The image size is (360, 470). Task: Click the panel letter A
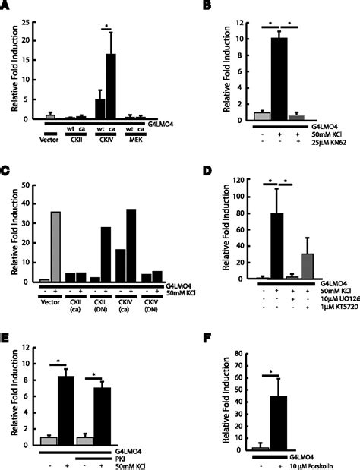pyautogui.click(x=6, y=6)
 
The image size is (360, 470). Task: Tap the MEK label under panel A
pyautogui.click(x=134, y=138)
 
